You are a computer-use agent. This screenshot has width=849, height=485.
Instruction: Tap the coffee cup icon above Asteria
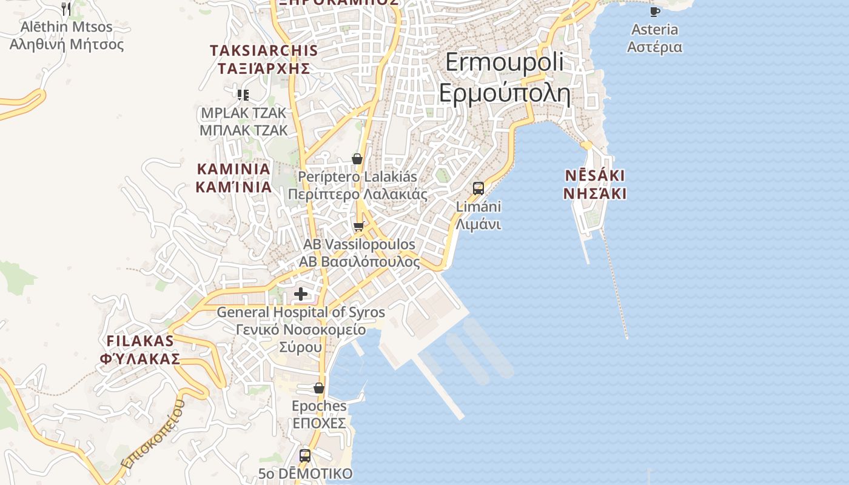[x=654, y=12]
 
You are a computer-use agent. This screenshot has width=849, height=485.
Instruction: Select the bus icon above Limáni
[x=478, y=188]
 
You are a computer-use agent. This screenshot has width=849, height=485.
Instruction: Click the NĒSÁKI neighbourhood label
[x=595, y=184]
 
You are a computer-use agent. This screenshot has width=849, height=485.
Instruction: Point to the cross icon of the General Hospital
[x=300, y=295]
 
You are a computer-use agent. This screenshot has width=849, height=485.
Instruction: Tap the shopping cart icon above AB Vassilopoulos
[x=358, y=227]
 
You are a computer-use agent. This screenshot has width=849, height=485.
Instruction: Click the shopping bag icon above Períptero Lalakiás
[x=357, y=159]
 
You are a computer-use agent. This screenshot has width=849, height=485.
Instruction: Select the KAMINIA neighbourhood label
[x=233, y=178]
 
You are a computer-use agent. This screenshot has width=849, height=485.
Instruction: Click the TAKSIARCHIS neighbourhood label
[x=264, y=59]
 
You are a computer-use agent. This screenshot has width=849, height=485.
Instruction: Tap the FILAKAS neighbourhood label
[x=140, y=350]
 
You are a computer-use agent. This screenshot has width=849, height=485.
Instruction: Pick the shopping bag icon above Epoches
[x=319, y=388]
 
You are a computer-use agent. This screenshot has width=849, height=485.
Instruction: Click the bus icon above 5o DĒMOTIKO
[x=305, y=455]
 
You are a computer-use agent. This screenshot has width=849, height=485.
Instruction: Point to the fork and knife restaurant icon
[x=67, y=8]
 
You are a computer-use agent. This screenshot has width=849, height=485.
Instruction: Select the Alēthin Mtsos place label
[x=67, y=36]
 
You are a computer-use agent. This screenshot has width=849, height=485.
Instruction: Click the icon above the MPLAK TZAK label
[x=243, y=95]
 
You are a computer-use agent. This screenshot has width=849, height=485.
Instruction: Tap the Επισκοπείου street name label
[x=153, y=435]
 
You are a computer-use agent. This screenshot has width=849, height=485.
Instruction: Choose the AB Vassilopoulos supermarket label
[x=359, y=253]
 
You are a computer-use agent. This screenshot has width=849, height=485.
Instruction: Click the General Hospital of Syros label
[x=301, y=330]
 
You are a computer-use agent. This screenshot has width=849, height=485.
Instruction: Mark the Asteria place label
[x=654, y=38]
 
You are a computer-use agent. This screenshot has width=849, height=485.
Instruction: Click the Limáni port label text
[x=478, y=215]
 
